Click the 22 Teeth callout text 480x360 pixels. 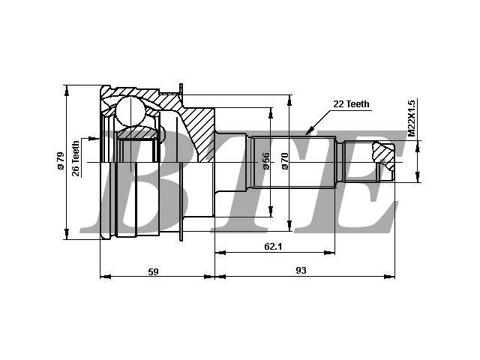coord(351,104)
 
